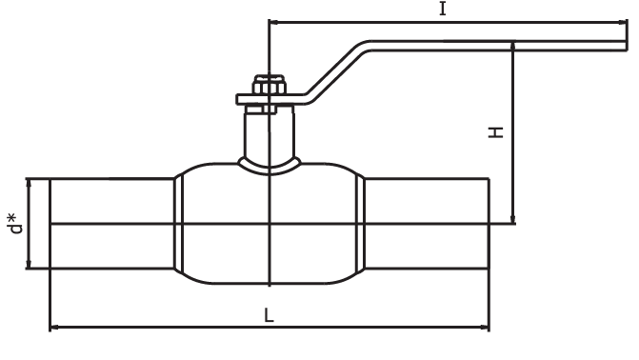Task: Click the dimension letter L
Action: pos(269,314)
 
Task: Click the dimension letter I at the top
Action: pos(443,9)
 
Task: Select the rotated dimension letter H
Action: pos(496,132)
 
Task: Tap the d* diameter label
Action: pos(15,224)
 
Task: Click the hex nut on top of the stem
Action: pos(269,85)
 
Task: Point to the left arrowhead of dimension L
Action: pos(54,327)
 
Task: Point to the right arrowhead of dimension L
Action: pos(485,327)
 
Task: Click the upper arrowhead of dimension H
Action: pos(513,46)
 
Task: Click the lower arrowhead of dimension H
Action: pos(513,219)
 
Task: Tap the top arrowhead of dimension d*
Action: pos(29,184)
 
